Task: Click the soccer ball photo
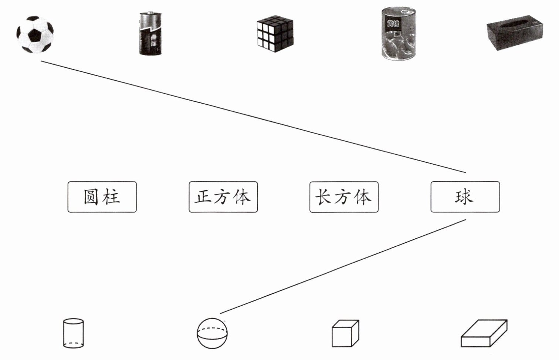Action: pos(35,34)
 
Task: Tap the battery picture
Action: pos(150,34)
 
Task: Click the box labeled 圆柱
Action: pos(102,197)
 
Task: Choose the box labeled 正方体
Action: pos(223,197)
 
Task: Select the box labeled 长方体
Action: pos(344,197)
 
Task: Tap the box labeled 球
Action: pos(465,197)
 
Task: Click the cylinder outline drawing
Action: pos(73,333)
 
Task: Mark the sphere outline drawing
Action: pos(212,333)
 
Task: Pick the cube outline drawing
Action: pos(345,333)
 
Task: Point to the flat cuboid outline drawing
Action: pos(484,333)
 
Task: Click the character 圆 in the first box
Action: pos(91,197)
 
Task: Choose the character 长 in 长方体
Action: pos(323,197)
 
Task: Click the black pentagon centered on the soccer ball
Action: pos(35,35)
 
